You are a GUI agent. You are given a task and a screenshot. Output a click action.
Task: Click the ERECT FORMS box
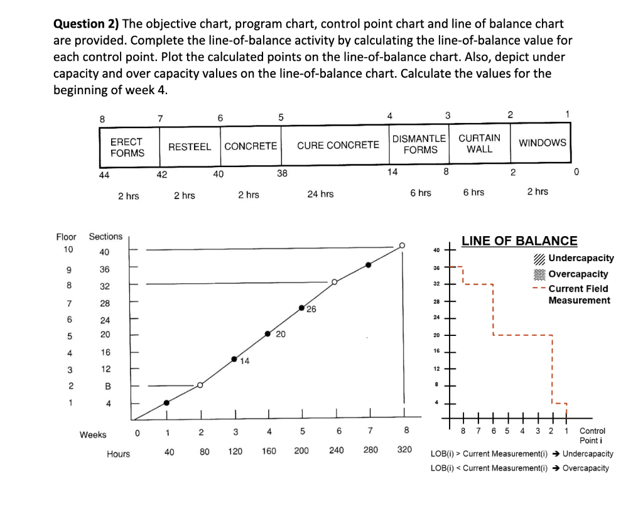click(x=127, y=147)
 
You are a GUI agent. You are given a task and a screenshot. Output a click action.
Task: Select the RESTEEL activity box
click(x=190, y=146)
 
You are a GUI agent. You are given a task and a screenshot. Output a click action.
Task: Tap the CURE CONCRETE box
click(x=338, y=146)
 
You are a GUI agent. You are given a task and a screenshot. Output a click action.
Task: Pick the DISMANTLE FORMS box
click(x=420, y=144)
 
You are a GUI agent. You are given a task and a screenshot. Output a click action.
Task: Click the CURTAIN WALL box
click(x=479, y=143)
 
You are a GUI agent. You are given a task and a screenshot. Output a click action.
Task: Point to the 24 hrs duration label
click(x=320, y=194)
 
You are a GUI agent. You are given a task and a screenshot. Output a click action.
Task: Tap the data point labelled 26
click(x=302, y=308)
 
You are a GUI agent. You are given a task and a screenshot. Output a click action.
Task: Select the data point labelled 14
click(x=234, y=359)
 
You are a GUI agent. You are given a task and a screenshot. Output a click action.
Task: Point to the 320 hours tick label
click(x=404, y=451)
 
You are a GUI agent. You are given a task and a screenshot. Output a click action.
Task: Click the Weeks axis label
click(x=93, y=435)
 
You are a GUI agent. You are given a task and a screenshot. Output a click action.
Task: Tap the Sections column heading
click(x=105, y=237)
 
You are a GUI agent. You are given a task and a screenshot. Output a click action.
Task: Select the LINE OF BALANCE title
click(x=519, y=240)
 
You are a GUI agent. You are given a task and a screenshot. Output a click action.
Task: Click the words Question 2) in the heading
click(x=86, y=24)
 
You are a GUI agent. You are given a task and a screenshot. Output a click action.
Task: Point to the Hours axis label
click(x=118, y=454)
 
